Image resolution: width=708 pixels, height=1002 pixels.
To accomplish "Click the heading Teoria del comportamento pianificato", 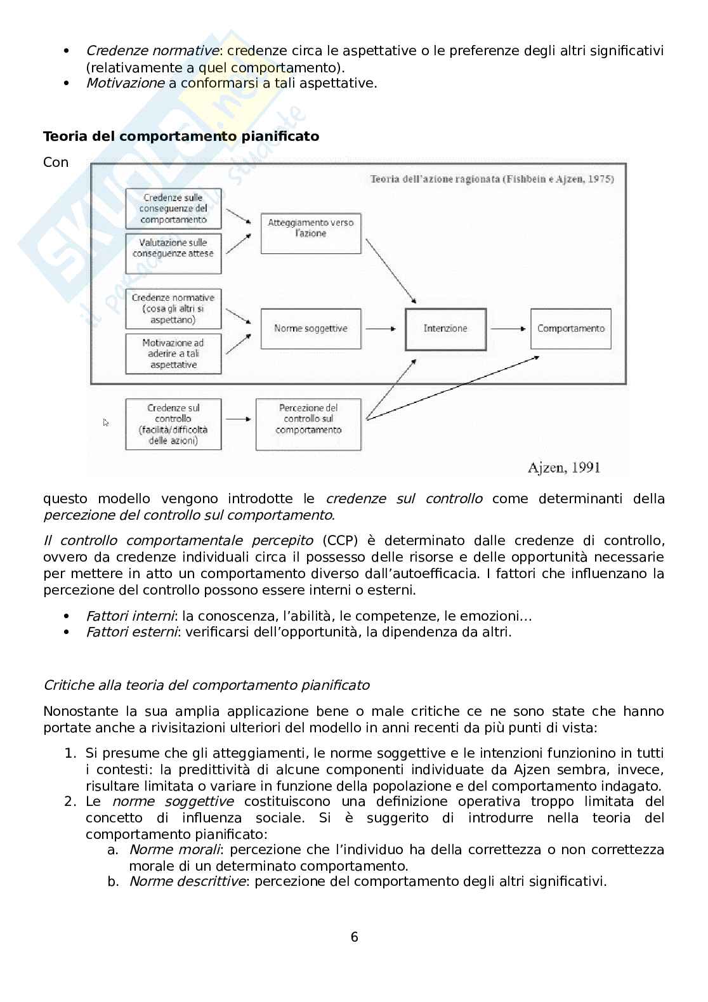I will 181,136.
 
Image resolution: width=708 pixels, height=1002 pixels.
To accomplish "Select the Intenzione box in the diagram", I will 445,329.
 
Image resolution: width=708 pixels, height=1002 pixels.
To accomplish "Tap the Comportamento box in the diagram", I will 570,329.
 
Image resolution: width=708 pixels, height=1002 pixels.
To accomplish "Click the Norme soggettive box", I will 311,329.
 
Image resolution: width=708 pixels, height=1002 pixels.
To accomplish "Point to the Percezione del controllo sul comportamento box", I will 308,424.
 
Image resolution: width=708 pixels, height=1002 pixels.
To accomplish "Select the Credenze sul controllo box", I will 173,424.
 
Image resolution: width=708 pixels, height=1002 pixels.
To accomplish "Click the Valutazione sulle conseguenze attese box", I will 173,253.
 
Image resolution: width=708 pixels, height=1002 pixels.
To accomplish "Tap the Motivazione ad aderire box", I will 173,353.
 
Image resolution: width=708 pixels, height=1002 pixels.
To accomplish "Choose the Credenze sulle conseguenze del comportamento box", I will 173,208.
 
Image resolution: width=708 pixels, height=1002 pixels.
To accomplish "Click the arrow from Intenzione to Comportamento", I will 508,329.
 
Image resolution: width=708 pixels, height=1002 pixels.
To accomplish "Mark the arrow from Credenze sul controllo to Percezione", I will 238,419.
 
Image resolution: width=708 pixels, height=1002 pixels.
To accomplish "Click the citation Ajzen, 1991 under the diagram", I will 563,468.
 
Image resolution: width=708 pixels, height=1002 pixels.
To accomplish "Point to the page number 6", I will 354,937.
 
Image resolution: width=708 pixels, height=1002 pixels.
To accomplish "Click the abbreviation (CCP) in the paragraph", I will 340,541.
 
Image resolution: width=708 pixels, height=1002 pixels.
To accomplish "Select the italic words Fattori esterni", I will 132,632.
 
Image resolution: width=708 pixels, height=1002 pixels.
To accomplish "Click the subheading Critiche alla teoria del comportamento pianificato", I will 206,685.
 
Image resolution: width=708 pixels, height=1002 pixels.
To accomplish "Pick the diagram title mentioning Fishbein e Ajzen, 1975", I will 492,179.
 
